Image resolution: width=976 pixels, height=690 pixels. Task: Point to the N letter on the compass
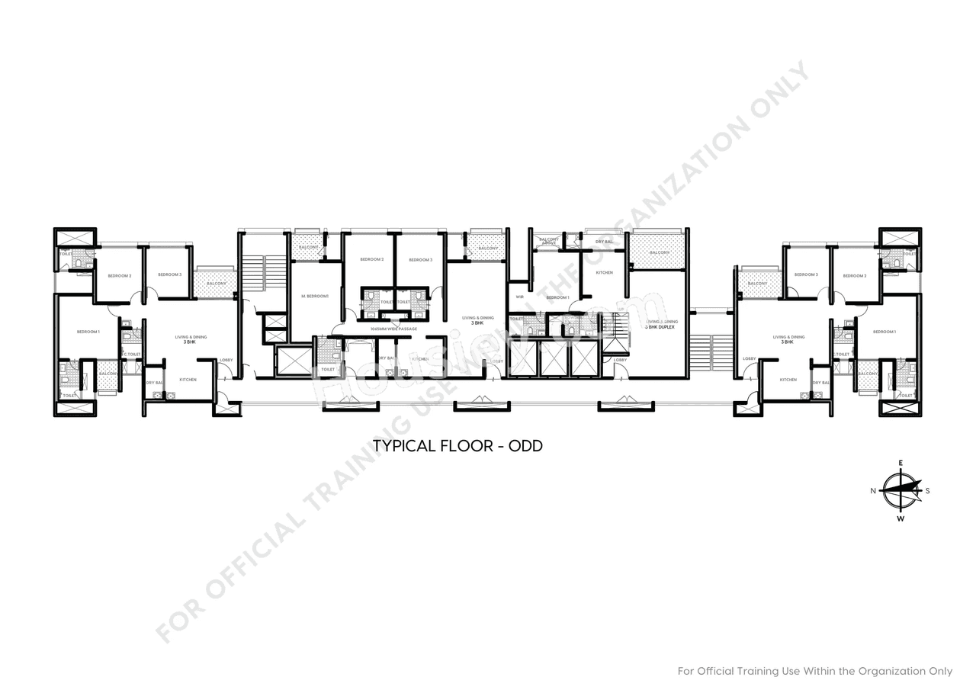[x=873, y=491]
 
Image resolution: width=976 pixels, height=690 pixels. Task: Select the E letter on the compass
[x=901, y=463]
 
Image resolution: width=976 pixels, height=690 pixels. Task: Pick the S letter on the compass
[x=927, y=491]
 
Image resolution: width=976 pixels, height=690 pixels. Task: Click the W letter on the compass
[x=901, y=519]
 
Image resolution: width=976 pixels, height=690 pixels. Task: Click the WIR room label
[x=519, y=297]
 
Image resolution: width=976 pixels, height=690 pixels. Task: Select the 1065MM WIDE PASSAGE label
[x=393, y=329]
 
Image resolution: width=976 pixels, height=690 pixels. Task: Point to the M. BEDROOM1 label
[x=315, y=296]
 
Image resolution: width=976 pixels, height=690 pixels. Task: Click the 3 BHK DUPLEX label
[x=661, y=327]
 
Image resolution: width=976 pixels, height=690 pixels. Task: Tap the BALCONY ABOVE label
[x=549, y=241]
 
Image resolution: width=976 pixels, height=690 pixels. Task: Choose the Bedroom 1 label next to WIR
[x=557, y=297]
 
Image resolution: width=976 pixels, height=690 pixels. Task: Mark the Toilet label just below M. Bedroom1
[x=328, y=369]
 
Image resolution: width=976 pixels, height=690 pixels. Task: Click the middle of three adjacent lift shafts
[x=554, y=358]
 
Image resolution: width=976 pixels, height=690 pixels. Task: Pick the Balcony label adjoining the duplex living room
[x=660, y=252]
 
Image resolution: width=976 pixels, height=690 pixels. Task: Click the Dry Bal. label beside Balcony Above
[x=604, y=241]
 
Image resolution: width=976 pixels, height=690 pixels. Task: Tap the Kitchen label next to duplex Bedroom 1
[x=604, y=272]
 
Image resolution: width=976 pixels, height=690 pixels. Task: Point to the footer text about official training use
[x=815, y=671]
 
